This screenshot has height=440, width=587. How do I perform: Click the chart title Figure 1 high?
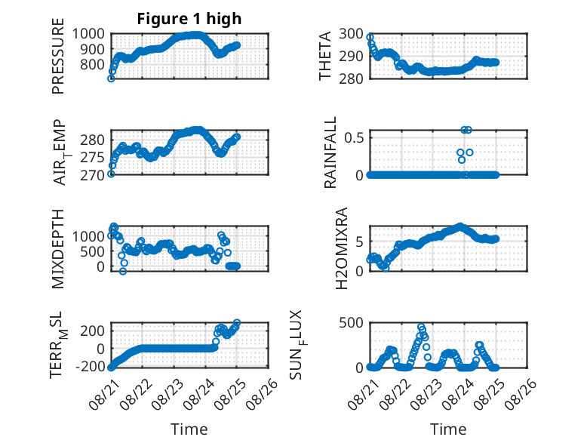coord(189,19)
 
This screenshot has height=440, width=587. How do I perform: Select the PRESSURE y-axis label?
coord(58,56)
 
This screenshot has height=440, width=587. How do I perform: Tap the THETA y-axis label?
coord(325,56)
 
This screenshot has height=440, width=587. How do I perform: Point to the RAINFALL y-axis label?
coord(330,152)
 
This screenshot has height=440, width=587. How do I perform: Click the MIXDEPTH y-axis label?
coord(58,249)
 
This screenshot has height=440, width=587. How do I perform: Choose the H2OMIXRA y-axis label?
coord(342,248)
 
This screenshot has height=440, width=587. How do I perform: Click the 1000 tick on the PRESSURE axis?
coord(88,34)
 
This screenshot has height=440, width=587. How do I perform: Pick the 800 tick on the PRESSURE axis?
coord(93,64)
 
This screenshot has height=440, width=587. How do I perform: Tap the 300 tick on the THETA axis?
coord(351,34)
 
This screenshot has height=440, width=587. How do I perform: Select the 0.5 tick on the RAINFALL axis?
coord(354,137)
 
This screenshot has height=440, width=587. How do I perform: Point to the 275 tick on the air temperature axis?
coord(93,157)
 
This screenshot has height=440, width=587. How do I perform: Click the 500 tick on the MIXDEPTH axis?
coord(93,251)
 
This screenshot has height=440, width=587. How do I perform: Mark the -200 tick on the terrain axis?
coord(91,366)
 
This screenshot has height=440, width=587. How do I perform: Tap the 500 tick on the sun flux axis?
coord(351,323)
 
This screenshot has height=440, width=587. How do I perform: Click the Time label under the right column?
coord(448,429)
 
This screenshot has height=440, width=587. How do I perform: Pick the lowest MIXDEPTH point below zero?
coord(123,271)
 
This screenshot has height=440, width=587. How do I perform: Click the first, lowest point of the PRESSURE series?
coord(111,78)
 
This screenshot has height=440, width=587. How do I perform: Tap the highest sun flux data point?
coord(421,327)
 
